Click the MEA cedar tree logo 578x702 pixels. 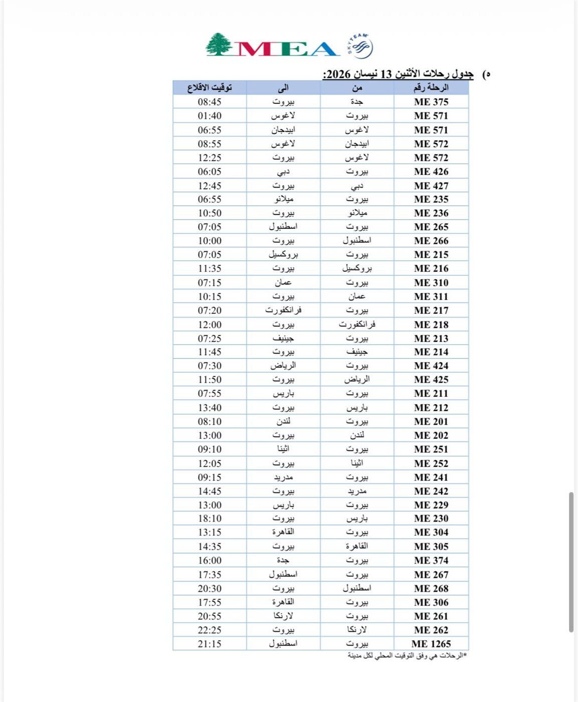click(219, 45)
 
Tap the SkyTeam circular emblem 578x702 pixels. click(360, 47)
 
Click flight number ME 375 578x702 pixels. click(431, 102)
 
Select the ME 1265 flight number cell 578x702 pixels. click(431, 644)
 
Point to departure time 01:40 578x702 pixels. click(210, 116)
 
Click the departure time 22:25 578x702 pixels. click(210, 630)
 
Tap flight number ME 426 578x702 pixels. click(431, 171)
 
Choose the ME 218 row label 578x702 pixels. click(431, 324)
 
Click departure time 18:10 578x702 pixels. click(210, 518)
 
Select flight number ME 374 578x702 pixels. click(431, 561)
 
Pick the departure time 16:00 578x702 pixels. click(210, 561)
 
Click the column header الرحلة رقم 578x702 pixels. click(431, 88)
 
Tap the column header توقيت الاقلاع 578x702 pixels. click(210, 88)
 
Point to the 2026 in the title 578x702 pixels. click(338, 74)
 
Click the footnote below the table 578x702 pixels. click(407, 656)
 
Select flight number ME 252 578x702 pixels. click(431, 463)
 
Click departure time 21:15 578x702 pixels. click(210, 644)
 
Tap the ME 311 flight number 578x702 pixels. click(431, 296)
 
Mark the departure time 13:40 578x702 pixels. click(210, 408)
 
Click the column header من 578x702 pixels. click(357, 88)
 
